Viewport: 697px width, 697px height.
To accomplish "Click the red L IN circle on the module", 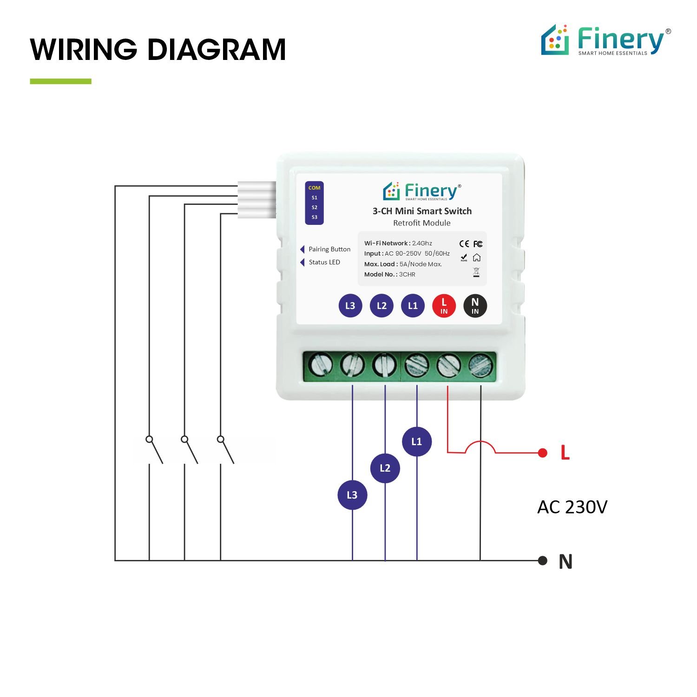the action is point(444,306).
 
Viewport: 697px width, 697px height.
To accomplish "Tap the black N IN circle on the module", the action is point(475,306).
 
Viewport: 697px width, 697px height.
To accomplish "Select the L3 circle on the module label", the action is point(350,306).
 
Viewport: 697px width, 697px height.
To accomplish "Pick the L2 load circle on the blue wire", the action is point(385,468).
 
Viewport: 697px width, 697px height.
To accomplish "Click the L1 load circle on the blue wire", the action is point(417,441).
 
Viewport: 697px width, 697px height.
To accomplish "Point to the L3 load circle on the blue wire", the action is point(352,495).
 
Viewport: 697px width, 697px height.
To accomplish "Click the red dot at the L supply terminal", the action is point(542,453).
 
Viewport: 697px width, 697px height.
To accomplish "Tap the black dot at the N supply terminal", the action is point(542,560).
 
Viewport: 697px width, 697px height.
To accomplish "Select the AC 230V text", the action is point(572,507).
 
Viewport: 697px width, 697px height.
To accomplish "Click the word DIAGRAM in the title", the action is point(217,50).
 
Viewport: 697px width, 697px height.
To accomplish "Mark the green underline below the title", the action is point(60,81).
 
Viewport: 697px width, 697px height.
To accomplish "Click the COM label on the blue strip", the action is point(315,188).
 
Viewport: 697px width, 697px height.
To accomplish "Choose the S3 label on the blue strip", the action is point(315,217).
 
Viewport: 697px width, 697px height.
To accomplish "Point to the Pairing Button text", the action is point(329,250).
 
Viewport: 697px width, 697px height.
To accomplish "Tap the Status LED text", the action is point(324,262).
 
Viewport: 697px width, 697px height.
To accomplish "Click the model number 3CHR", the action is point(407,275).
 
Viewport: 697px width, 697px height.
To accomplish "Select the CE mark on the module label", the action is point(464,244).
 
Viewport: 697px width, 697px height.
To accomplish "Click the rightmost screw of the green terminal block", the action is point(480,365).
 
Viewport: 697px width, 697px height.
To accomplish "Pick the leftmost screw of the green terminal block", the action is point(320,365).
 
